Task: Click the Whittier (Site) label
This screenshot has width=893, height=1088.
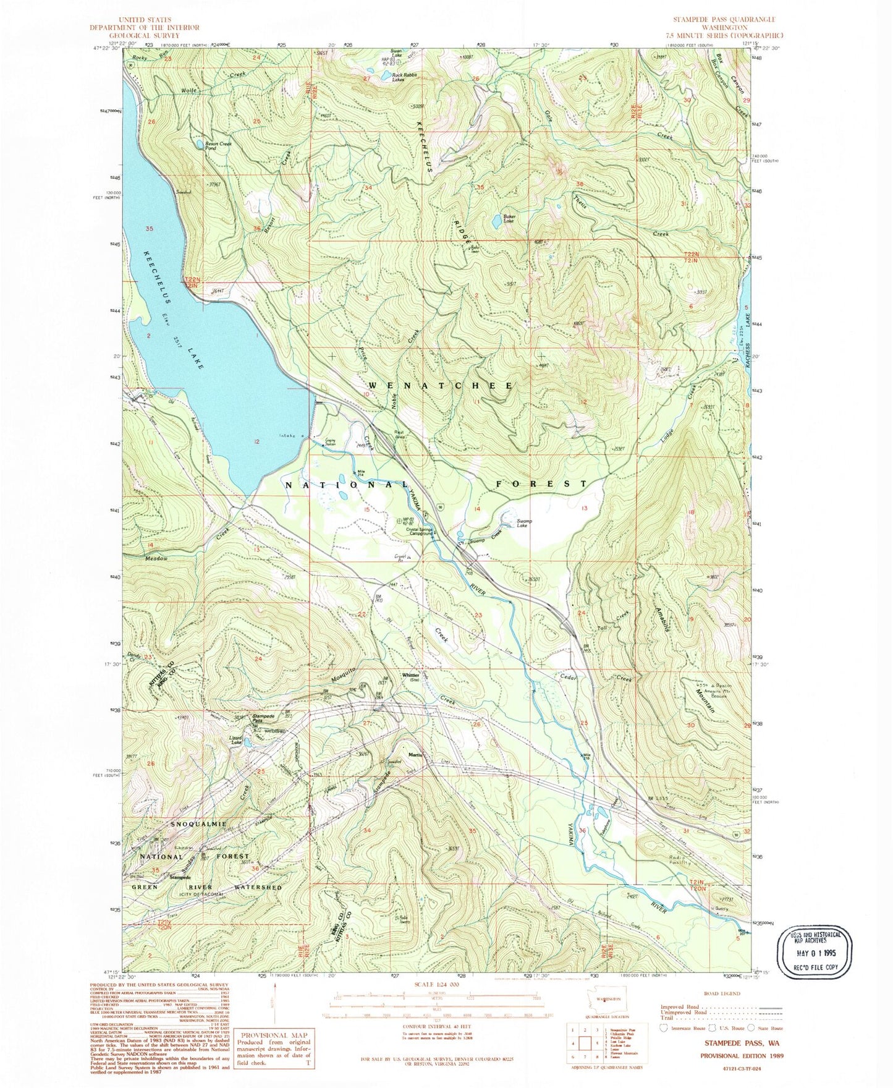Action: tap(412, 677)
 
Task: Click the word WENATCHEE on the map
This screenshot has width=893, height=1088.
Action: tap(441, 385)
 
